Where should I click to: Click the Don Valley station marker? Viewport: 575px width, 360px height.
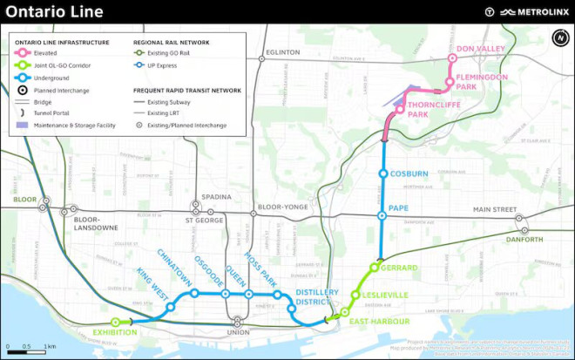coord(452,59)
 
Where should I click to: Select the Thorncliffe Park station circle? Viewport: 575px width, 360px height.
coord(399,110)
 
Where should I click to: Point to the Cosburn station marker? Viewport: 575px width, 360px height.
coord(382,173)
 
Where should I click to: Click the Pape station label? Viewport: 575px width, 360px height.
coord(400,208)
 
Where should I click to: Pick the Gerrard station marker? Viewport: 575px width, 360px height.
coord(374,267)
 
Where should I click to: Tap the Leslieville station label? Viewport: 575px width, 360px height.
coord(386,295)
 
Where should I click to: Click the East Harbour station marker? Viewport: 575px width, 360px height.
coord(345,312)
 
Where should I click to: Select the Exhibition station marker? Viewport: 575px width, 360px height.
coord(115,322)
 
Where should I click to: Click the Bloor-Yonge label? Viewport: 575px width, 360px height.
coord(284,208)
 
